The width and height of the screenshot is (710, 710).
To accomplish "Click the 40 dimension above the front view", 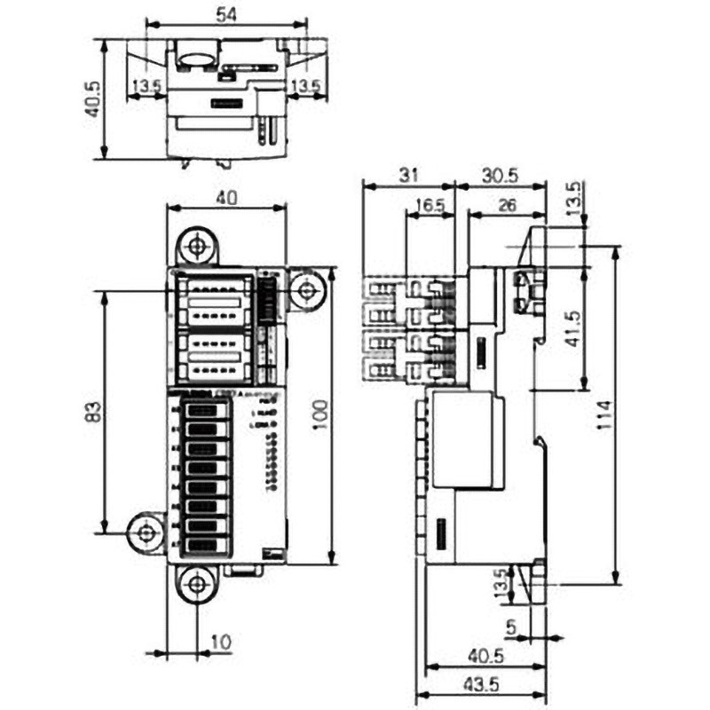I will (x=226, y=199).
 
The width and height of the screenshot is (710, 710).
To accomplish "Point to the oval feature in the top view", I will (x=195, y=59).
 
